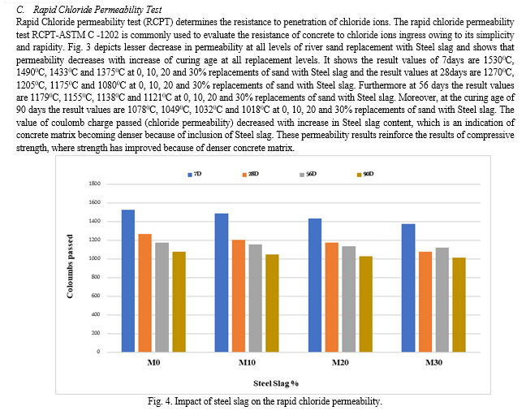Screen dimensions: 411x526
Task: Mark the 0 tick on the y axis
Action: tap(97, 352)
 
